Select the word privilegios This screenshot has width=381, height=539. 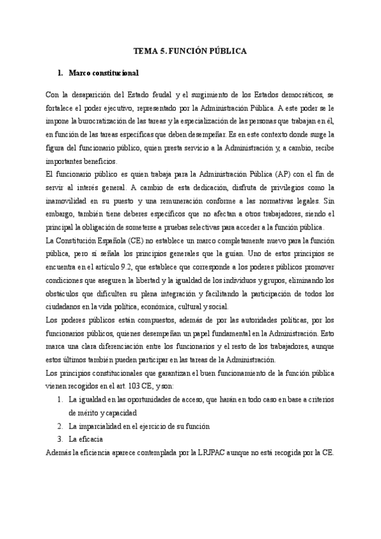267,187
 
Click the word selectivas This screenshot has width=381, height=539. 217,227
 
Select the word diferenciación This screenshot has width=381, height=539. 147,346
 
